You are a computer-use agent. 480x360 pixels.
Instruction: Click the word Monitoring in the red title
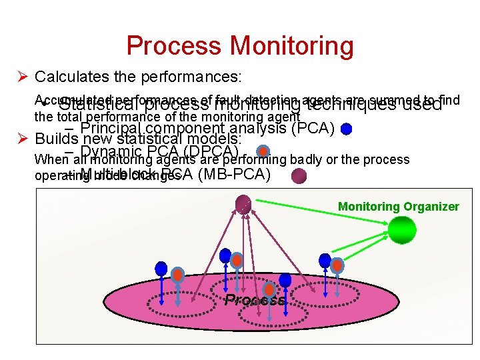pos(292,46)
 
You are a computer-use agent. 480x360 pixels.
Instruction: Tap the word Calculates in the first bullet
pos(70,77)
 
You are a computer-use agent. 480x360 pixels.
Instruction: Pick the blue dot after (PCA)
pos(346,129)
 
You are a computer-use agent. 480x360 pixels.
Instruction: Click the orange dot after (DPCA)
pos(263,152)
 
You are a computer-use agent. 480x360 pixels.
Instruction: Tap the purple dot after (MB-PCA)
pos(299,175)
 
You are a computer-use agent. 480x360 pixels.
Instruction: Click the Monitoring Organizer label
pos(398,207)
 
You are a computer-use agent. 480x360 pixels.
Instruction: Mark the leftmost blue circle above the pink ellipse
pos(161,268)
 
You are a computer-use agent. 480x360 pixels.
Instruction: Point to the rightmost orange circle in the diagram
pos(337,265)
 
